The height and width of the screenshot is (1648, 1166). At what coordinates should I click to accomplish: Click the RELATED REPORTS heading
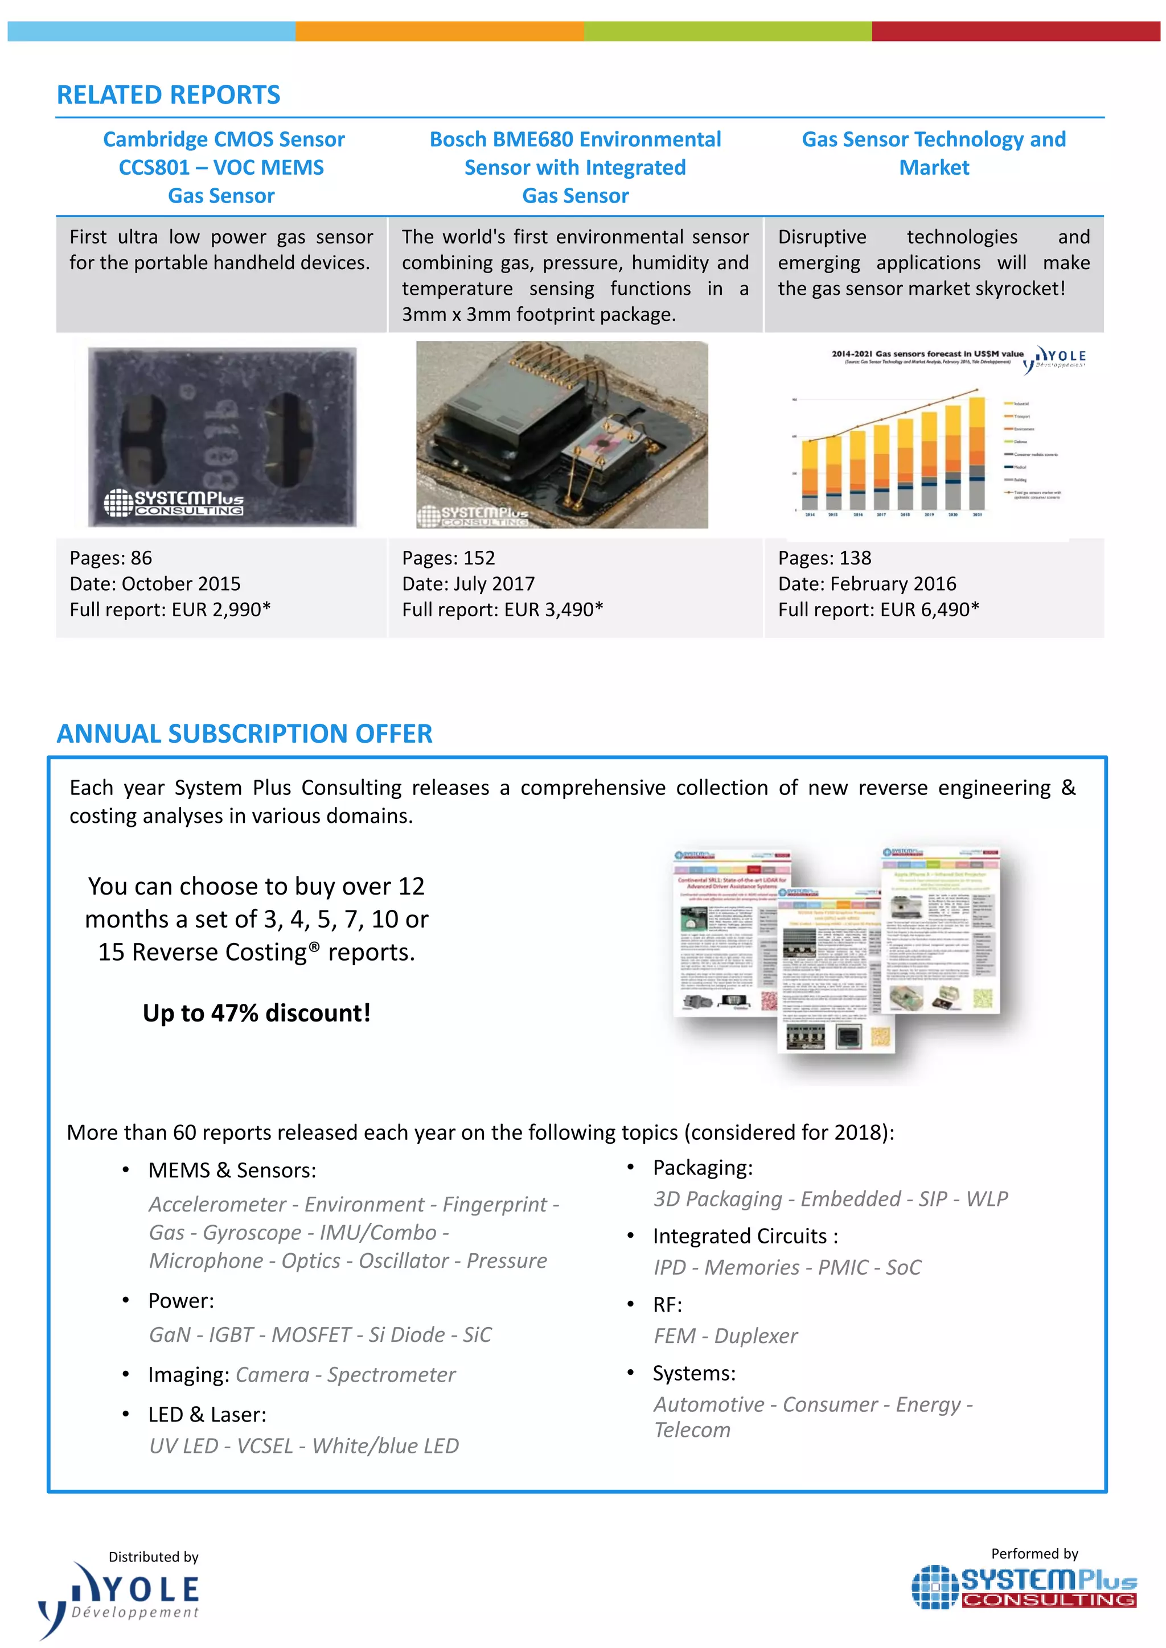pos(168,94)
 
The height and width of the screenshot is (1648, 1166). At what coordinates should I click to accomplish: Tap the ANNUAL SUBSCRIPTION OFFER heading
pos(244,734)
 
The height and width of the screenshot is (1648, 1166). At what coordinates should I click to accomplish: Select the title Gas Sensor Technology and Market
pos(933,153)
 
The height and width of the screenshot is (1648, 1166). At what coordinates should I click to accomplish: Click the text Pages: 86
pos(110,558)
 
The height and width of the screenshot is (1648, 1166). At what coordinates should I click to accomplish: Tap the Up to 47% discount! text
pos(256,1013)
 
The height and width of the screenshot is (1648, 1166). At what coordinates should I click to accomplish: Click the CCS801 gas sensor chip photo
pos(222,436)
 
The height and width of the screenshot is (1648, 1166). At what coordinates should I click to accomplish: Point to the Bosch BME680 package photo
pos(561,435)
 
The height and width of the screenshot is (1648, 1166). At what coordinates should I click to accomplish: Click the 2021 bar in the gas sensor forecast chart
pos(976,454)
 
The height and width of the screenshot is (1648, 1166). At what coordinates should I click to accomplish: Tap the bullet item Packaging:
pos(702,1168)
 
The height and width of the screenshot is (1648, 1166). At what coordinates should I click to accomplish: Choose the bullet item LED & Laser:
pos(207,1414)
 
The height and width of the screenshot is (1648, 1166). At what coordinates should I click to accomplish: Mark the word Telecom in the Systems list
pos(692,1430)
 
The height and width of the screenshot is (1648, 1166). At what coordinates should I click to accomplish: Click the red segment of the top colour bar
pos(1015,31)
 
